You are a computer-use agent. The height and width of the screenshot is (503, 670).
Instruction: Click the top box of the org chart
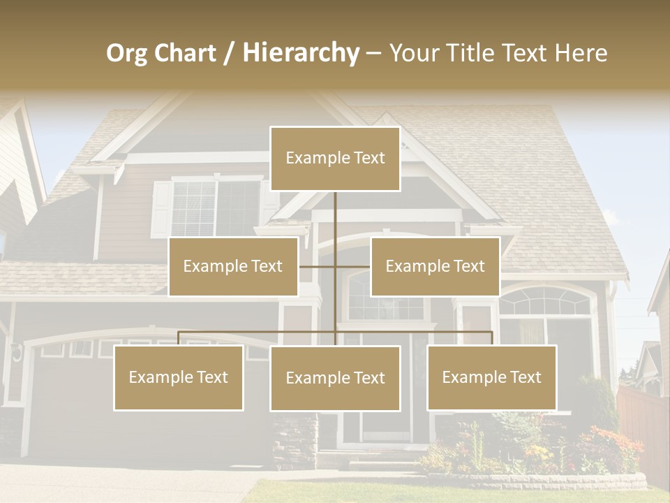click(335, 159)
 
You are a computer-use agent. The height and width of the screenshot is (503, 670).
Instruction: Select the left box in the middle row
click(233, 266)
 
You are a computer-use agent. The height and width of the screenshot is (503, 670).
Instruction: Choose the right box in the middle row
click(435, 266)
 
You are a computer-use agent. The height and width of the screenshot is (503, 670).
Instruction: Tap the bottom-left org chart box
click(179, 377)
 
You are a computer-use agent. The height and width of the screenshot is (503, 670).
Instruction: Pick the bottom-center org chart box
click(335, 378)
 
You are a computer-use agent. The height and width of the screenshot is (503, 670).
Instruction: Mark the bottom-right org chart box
click(491, 377)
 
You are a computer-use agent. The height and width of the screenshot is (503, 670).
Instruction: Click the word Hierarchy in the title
click(301, 53)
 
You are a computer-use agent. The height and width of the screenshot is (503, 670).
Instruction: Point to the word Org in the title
click(126, 53)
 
